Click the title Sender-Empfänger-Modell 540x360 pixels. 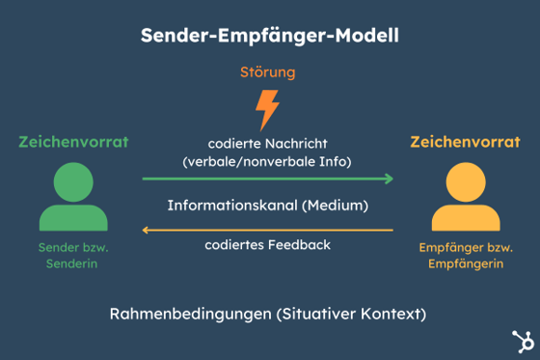click(x=269, y=36)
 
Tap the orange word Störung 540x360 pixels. click(x=267, y=72)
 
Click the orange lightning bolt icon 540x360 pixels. click(x=267, y=108)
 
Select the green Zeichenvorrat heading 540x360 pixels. click(x=73, y=142)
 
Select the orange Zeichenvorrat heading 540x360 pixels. click(x=465, y=142)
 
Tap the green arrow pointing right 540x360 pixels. click(x=267, y=179)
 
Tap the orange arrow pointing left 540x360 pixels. click(x=267, y=231)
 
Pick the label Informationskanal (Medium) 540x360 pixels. click(x=267, y=206)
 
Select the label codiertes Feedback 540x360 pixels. click(x=267, y=245)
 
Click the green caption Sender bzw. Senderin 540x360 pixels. click(x=73, y=257)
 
